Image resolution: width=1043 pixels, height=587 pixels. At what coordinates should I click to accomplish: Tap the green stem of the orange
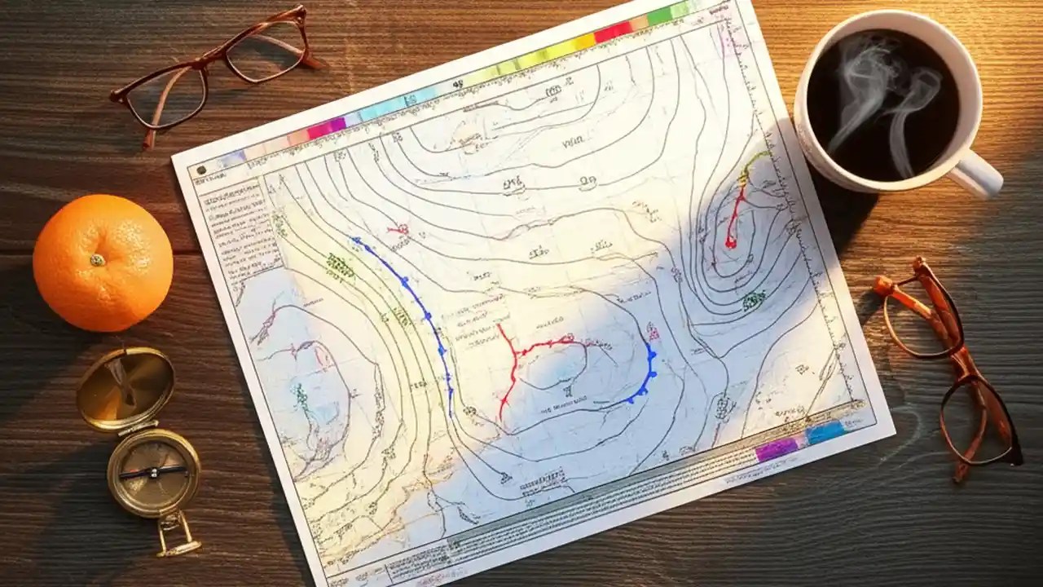coord(97,260)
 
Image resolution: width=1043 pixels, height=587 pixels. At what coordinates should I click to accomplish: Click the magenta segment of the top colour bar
coord(326,127)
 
